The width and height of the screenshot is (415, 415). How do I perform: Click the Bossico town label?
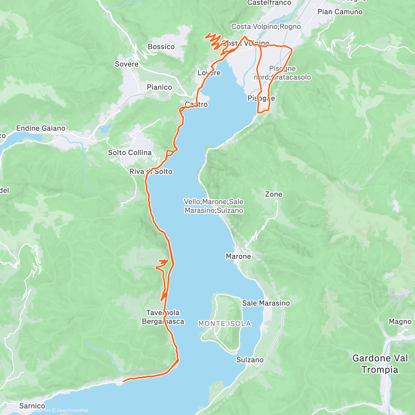[161, 47]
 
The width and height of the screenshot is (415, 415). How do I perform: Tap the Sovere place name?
[127, 64]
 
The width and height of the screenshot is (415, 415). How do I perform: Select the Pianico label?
[159, 87]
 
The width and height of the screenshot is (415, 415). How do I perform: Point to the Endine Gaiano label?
[41, 128]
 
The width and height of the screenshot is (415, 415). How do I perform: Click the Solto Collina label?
[130, 153]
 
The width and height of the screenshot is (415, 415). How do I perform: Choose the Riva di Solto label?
[151, 172]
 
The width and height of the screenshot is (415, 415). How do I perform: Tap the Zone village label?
[273, 194]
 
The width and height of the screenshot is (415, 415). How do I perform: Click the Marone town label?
[238, 257]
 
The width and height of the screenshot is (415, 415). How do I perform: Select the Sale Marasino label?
[266, 303]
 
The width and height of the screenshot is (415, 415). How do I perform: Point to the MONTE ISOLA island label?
[224, 324]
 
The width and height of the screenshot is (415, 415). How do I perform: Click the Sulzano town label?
[250, 360]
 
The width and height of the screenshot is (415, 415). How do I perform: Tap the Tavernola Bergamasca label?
[163, 317]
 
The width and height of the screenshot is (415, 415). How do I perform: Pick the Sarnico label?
[32, 406]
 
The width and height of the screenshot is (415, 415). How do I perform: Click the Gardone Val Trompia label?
[380, 364]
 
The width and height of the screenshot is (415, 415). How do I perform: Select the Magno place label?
[400, 322]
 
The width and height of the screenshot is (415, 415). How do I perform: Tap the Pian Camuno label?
[340, 12]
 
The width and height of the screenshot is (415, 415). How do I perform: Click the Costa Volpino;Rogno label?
[266, 27]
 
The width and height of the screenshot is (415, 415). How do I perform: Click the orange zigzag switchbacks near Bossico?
[213, 40]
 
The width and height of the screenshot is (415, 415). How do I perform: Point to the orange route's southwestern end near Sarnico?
[124, 381]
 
